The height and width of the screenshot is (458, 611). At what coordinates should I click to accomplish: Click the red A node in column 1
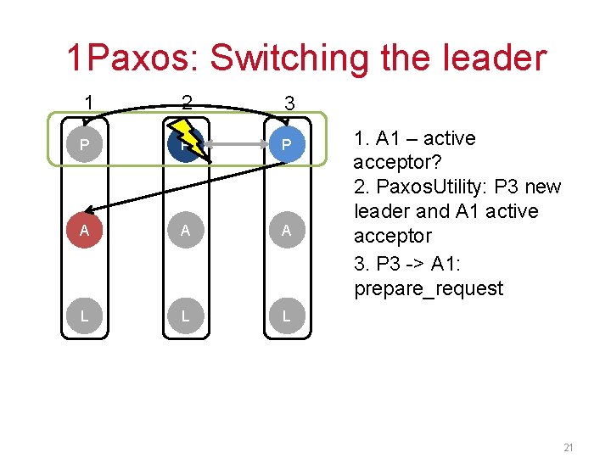pyautogui.click(x=84, y=231)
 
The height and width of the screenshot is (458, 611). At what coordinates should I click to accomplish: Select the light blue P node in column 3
pyautogui.click(x=287, y=146)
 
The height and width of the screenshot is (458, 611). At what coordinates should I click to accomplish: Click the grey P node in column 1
pyautogui.click(x=84, y=146)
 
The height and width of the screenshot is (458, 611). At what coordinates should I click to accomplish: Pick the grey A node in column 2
pyautogui.click(x=186, y=231)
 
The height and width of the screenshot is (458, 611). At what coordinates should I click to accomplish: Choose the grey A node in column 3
pyautogui.click(x=287, y=231)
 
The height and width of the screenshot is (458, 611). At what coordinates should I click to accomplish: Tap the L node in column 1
pyautogui.click(x=84, y=316)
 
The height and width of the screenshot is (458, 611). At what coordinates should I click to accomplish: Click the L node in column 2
pyautogui.click(x=186, y=316)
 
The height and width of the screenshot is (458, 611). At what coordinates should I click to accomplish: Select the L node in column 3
pyautogui.click(x=287, y=316)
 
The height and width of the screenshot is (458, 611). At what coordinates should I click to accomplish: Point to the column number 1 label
pyautogui.click(x=88, y=103)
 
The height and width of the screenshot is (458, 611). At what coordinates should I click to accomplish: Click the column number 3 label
pyautogui.click(x=289, y=103)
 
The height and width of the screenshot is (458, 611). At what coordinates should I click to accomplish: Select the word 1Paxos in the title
pyautogui.click(x=132, y=58)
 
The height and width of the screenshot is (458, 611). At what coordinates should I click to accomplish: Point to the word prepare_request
pyautogui.click(x=429, y=288)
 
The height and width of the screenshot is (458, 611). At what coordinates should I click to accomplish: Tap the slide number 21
pyautogui.click(x=569, y=447)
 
